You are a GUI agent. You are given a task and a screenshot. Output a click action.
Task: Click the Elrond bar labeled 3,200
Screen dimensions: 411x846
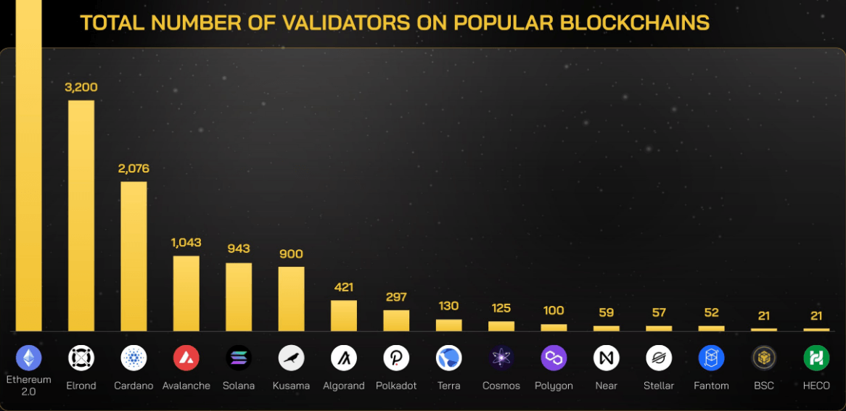tap(81, 215)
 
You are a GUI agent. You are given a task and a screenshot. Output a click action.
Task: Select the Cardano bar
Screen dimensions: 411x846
tap(134, 256)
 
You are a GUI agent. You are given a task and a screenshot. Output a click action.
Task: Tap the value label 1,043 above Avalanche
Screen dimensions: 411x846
tap(186, 243)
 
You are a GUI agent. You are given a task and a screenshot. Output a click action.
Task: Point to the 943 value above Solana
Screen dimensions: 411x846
tap(238, 249)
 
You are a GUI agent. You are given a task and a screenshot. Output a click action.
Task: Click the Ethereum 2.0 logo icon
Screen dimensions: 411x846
tap(29, 357)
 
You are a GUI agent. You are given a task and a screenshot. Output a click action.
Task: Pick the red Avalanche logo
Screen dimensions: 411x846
tap(186, 357)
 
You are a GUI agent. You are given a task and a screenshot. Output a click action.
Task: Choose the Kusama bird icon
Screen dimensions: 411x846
tap(291, 357)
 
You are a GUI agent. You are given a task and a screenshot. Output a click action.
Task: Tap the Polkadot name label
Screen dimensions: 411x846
tap(396, 386)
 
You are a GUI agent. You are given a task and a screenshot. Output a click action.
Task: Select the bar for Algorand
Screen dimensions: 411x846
tap(344, 316)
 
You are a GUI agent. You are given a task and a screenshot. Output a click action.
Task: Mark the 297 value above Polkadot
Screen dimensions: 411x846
tap(396, 297)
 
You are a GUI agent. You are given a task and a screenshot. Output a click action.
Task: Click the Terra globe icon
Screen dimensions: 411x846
tap(448, 357)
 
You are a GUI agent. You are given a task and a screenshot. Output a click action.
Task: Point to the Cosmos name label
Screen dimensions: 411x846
tap(501, 386)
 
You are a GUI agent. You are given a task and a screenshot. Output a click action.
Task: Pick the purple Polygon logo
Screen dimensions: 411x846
tap(554, 357)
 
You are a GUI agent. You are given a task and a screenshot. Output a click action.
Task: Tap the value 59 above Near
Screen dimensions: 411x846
tap(606, 312)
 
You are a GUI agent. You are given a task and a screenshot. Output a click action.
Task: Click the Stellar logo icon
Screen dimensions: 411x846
tap(659, 357)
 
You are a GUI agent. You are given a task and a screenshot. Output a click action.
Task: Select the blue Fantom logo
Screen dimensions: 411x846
tap(711, 357)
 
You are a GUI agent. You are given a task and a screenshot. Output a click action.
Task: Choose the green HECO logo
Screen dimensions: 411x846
tap(816, 357)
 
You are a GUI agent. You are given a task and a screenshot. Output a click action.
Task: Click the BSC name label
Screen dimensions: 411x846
tap(763, 386)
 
